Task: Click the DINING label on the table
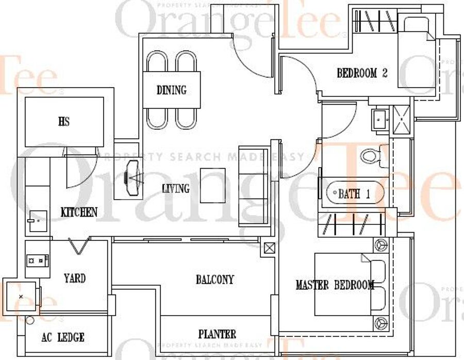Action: coord(172,90)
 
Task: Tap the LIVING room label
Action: coord(176,188)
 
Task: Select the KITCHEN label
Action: coord(79,212)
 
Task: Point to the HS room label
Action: coord(64,121)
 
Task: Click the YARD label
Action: coord(75,279)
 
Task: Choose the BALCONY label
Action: coord(215,280)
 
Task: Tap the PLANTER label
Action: coord(217,334)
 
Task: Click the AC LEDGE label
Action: coord(63,337)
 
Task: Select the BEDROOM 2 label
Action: coord(362,73)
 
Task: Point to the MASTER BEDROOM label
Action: coord(335,285)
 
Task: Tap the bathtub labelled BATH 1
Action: coord(355,193)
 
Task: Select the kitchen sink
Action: coord(38,221)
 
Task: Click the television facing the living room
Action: coord(132,178)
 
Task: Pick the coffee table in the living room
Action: coord(213,186)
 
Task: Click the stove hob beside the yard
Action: coord(37,261)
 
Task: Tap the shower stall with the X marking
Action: coord(402,120)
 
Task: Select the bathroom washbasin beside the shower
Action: coord(379,120)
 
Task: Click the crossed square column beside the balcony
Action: coord(269,248)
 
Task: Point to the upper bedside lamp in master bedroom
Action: coord(381,245)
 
